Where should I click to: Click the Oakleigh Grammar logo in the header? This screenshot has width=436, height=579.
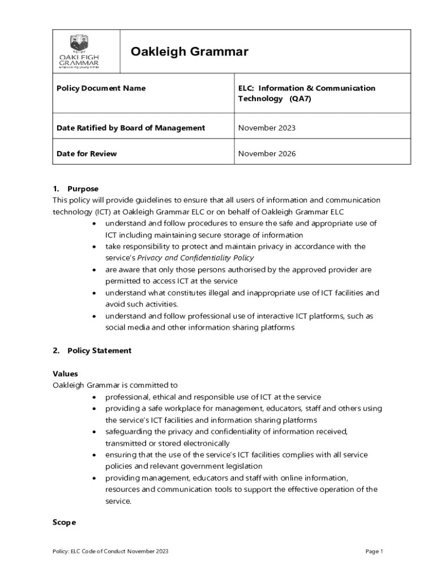pyautogui.click(x=87, y=51)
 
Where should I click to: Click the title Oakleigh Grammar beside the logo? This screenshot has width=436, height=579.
pyautogui.click(x=189, y=52)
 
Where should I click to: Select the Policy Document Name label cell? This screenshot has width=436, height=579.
pyautogui.click(x=101, y=88)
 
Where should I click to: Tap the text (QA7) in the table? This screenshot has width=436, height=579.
pyautogui.click(x=301, y=98)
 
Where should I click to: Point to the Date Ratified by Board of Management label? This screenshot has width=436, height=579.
pyautogui.click(x=130, y=128)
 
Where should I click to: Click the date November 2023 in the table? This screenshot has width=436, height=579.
pyautogui.click(x=266, y=128)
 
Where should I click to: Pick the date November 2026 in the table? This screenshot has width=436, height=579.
pyautogui.click(x=266, y=153)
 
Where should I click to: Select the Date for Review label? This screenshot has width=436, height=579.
pyautogui.click(x=86, y=153)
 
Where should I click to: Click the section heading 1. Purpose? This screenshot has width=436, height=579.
pyautogui.click(x=76, y=189)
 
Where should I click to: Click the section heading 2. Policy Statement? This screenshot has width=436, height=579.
pyautogui.click(x=92, y=351)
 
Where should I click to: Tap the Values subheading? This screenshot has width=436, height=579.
pyautogui.click(x=65, y=374)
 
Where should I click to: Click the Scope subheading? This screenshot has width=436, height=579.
pyautogui.click(x=64, y=522)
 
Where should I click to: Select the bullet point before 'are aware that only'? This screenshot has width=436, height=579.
pyautogui.click(x=93, y=270)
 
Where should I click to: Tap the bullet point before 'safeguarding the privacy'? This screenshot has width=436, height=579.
pyautogui.click(x=93, y=432)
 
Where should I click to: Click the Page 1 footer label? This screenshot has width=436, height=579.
pyautogui.click(x=374, y=551)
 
